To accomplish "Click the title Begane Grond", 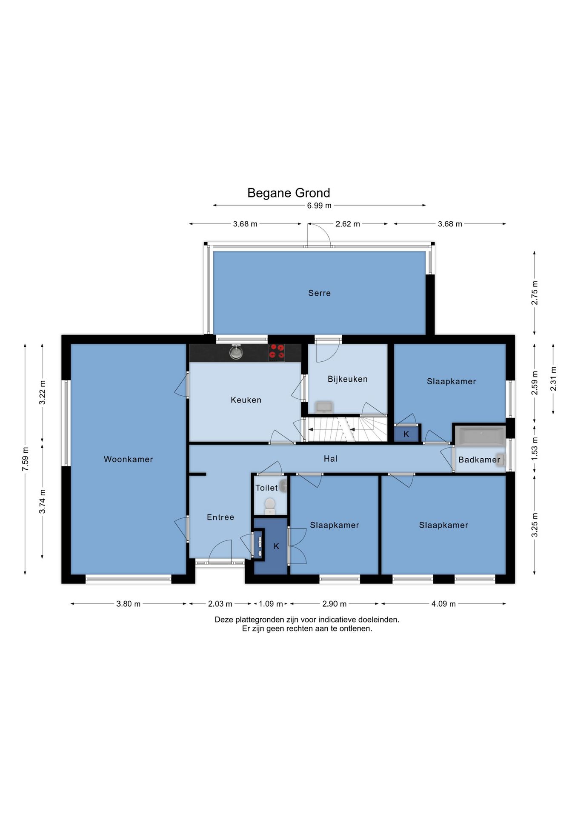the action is pyautogui.click(x=289, y=193).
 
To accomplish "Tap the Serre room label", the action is pyautogui.click(x=319, y=293).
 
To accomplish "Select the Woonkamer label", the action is pyautogui.click(x=128, y=459).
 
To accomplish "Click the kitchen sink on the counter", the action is pyautogui.click(x=236, y=352).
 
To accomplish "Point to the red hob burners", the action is pyautogui.click(x=277, y=353).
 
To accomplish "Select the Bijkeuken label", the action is pyautogui.click(x=347, y=379).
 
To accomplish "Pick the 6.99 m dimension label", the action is pyautogui.click(x=319, y=206).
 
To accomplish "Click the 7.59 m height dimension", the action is pyautogui.click(x=25, y=459).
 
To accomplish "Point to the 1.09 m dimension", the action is pyautogui.click(x=271, y=604).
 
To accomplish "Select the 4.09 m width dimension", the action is pyautogui.click(x=444, y=604).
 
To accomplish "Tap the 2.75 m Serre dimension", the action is pyautogui.click(x=535, y=293).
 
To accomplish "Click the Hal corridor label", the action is pyautogui.click(x=330, y=459).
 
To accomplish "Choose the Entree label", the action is pyautogui.click(x=220, y=517).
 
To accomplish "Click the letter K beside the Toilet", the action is pyautogui.click(x=276, y=546).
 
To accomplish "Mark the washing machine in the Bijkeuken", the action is pyautogui.click(x=324, y=407).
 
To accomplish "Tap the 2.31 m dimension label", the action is pyautogui.click(x=553, y=379).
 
